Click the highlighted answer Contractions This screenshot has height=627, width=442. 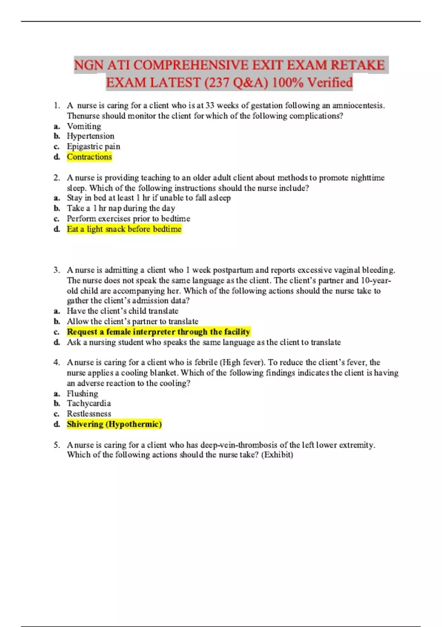89,157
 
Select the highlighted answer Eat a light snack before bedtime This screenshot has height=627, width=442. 124,229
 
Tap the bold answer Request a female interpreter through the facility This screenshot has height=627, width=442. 158,332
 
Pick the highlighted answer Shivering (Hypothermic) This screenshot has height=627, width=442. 114,424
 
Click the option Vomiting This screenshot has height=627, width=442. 84,126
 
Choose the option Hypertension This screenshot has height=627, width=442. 90,136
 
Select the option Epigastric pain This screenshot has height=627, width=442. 93,146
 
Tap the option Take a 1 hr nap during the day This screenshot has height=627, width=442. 121,208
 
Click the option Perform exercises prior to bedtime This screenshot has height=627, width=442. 128,218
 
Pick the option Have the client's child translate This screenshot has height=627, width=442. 122,311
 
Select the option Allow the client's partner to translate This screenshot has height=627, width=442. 132,321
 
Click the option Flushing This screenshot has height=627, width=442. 82,394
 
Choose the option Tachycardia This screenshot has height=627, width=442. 88,403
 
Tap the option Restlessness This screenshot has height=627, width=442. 88,414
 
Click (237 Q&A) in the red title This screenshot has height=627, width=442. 236,83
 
